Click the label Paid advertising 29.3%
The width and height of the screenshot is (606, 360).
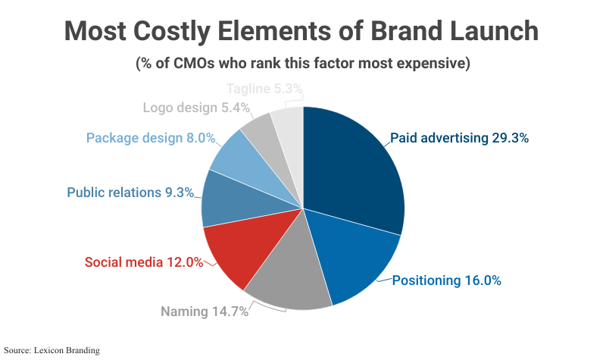(459, 139)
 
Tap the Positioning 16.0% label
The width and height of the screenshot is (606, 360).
(446, 280)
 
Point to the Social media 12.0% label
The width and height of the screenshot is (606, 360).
(143, 262)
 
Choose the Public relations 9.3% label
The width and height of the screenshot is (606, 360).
(130, 193)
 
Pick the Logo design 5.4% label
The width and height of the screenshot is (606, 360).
(196, 108)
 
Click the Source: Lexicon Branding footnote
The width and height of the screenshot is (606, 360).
(52, 350)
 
